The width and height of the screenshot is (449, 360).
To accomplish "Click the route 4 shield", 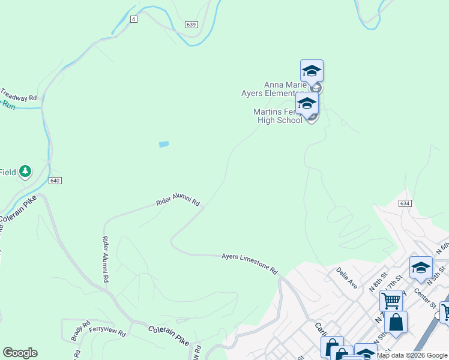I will pyautogui.click(x=134, y=19).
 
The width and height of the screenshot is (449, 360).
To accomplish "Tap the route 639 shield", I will pyautogui.click(x=191, y=24).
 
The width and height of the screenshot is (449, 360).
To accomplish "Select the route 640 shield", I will pyautogui.click(x=55, y=181).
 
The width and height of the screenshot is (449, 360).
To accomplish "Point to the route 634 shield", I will pyautogui.click(x=405, y=204).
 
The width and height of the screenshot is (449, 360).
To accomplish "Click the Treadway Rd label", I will pyautogui.click(x=19, y=95).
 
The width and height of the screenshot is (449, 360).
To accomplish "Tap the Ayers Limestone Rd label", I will pyautogui.click(x=250, y=263).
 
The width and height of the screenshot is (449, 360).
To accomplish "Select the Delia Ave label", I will pyautogui.click(x=347, y=278).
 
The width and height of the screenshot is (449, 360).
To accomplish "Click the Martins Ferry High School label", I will pyautogui.click(x=278, y=116).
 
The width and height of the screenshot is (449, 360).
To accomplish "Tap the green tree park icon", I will pyautogui.click(x=25, y=172).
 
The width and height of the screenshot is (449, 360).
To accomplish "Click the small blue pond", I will pyautogui.click(x=163, y=144).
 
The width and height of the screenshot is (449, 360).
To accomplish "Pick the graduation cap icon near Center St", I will pyautogui.click(x=421, y=268).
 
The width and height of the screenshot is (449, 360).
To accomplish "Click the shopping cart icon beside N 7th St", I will pyautogui.click(x=391, y=300).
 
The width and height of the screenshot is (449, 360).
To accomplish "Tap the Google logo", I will pyautogui.click(x=20, y=353).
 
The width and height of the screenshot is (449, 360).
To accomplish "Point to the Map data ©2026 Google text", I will pyautogui.click(x=412, y=355).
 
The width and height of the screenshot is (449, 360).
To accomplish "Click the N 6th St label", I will pyautogui.click(x=444, y=247).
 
